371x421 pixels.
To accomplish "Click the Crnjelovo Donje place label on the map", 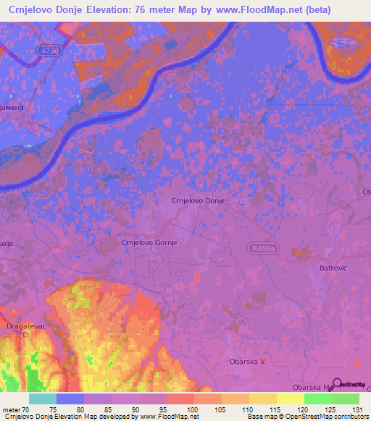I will [198, 200].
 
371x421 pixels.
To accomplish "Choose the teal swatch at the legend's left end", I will [43, 399].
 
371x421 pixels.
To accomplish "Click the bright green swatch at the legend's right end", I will [345, 399].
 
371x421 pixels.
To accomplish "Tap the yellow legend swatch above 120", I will [290, 399].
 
